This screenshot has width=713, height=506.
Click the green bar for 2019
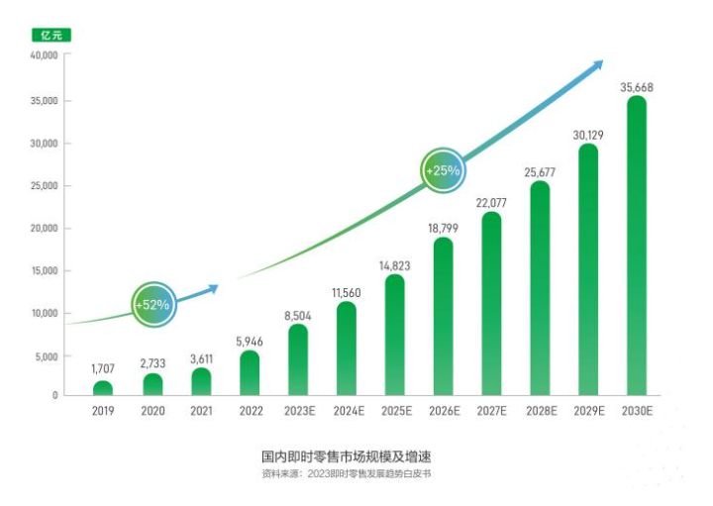pyautogui.click(x=102, y=388)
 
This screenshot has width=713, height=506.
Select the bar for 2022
pyautogui.click(x=250, y=373)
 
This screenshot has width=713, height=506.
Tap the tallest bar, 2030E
pyautogui.click(x=637, y=248)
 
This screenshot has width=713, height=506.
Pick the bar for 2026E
pyautogui.click(x=444, y=317)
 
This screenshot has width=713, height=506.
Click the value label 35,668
pyautogui.click(x=637, y=87)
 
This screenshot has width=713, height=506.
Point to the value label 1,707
pyautogui.click(x=103, y=369)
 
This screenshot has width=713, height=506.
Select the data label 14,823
pyautogui.click(x=394, y=265)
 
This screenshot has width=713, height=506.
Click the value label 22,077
pyautogui.click(x=491, y=203)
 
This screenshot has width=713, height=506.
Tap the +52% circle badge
pyautogui.click(x=153, y=304)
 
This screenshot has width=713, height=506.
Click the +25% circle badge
pyautogui.click(x=443, y=170)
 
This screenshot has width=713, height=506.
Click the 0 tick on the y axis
pyautogui.click(x=55, y=396)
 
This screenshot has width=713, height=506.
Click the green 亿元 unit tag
pyautogui.click(x=51, y=36)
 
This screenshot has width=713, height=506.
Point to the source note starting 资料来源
pyautogui.click(x=347, y=475)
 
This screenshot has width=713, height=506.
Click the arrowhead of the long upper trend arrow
pyautogui.click(x=596, y=65)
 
